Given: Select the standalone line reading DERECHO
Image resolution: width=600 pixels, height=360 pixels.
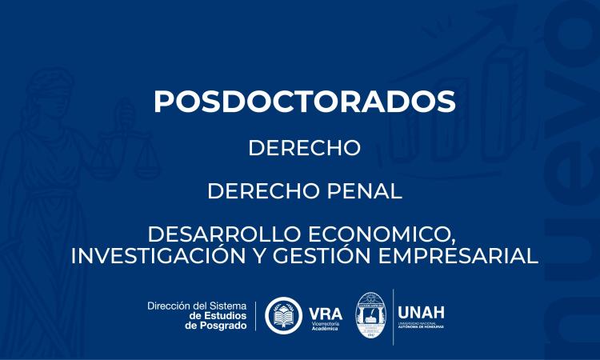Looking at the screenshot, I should tap(304, 149).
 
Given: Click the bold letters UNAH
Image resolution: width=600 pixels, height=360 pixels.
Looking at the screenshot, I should tap(422, 311).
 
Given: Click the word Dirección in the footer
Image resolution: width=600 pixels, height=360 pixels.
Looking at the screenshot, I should tap(171, 306).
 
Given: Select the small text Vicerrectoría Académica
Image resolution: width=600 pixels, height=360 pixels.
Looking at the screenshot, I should tap(326, 326).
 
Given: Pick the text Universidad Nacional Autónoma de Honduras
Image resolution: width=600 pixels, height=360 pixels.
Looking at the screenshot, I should tap(422, 325).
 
